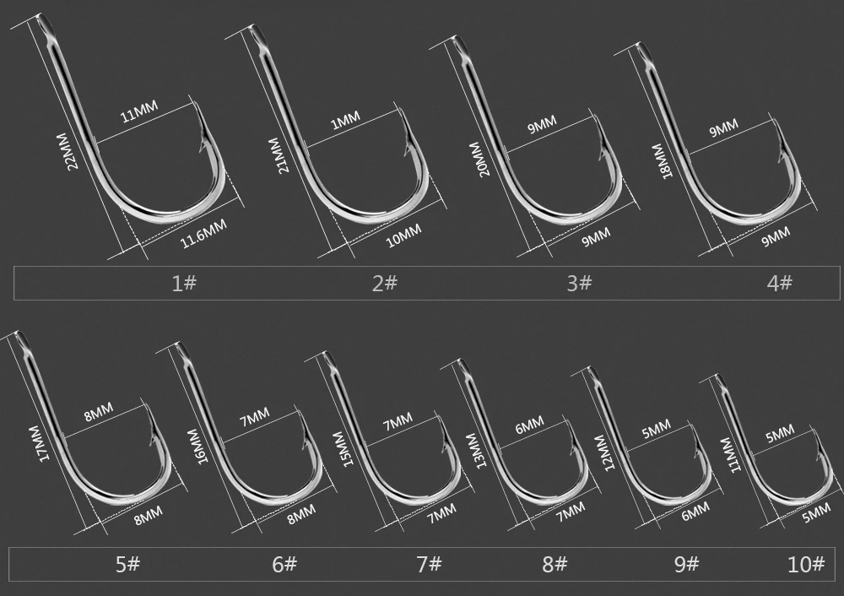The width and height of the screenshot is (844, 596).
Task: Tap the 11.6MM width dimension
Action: pyautogui.click(x=203, y=233)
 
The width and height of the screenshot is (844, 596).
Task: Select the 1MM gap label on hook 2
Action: pyautogui.click(x=345, y=121)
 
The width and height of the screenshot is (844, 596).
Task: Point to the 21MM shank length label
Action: pyautogui.click(x=279, y=154)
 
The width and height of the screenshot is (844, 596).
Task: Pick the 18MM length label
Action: pyautogui.click(x=661, y=160)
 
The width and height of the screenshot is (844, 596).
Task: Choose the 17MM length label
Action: pyautogui.click(x=39, y=442)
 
